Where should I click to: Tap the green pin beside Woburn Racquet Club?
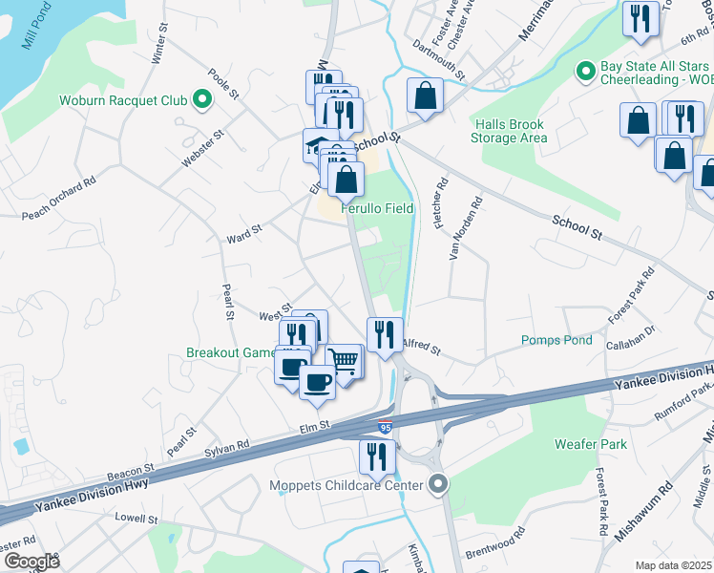pyautogui.click(x=201, y=98)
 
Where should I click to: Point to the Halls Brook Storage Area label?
pyautogui.click(x=509, y=131)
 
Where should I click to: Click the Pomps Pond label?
pyautogui.click(x=556, y=340)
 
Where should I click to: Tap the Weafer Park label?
pyautogui.click(x=591, y=444)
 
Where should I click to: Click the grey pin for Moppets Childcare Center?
pyautogui.click(x=438, y=485)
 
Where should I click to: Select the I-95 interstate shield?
pyautogui.click(x=385, y=428)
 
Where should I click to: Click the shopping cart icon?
pyautogui.click(x=345, y=361)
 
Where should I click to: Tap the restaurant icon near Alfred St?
pyautogui.click(x=384, y=334)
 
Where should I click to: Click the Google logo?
pyautogui.click(x=31, y=562)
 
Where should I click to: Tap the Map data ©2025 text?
pyautogui.click(x=673, y=565)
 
